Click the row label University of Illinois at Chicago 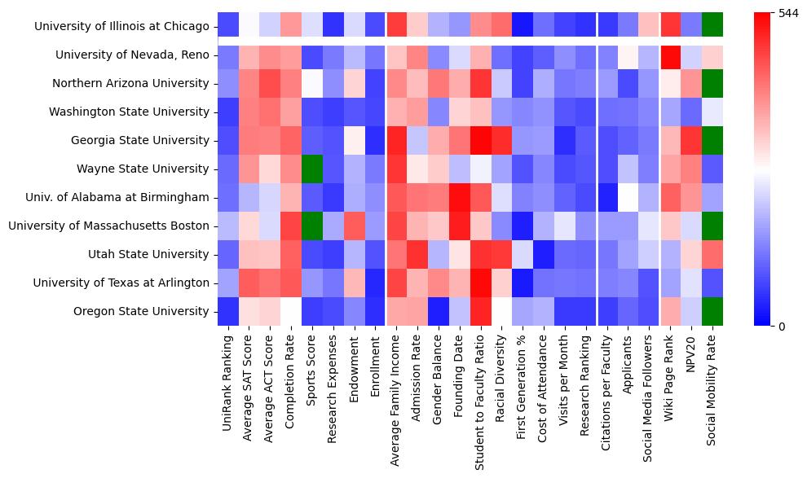tap(121, 27)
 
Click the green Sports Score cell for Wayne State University tap(312, 169)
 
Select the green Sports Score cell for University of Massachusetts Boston tap(312, 226)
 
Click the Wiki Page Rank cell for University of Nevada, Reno tap(671, 55)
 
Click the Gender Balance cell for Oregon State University tap(439, 311)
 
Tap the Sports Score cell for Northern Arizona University tap(312, 83)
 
